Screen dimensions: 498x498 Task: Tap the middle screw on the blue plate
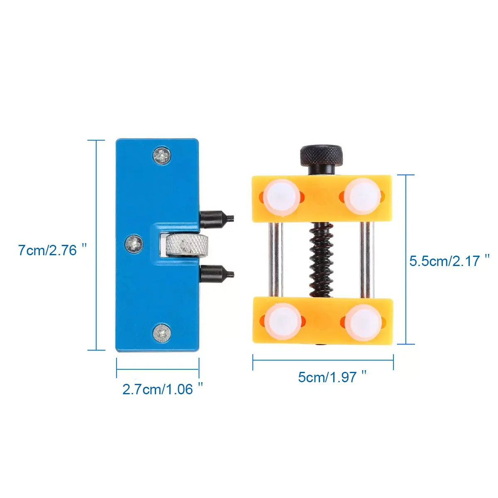[134, 244]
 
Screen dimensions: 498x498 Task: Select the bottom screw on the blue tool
[162, 333]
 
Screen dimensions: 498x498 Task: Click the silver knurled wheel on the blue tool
[187, 246]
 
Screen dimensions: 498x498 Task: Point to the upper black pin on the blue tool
[217, 219]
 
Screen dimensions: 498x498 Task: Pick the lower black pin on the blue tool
[217, 274]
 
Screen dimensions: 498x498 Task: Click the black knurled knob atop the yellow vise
[322, 156]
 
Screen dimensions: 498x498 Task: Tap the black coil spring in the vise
[322, 261]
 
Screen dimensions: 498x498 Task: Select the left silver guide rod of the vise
[276, 260]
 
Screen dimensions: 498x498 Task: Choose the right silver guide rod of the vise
[367, 260]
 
